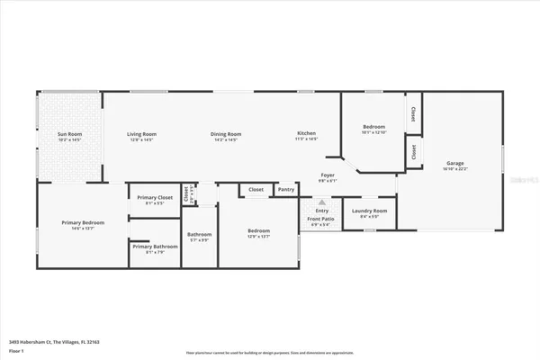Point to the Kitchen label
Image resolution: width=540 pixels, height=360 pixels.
[307, 134]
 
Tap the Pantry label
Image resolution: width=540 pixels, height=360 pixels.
[286, 190]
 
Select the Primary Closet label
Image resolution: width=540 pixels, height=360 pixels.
[155, 197]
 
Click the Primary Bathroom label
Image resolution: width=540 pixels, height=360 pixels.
[155, 247]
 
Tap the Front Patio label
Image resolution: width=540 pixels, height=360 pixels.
[321, 219]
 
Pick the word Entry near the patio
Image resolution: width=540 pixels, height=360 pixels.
[321, 211]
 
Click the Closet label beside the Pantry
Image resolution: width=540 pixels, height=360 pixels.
[256, 190]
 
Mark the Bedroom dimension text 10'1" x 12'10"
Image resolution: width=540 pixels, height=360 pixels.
[373, 132]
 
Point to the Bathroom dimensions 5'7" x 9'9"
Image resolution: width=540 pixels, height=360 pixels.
[199, 239]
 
